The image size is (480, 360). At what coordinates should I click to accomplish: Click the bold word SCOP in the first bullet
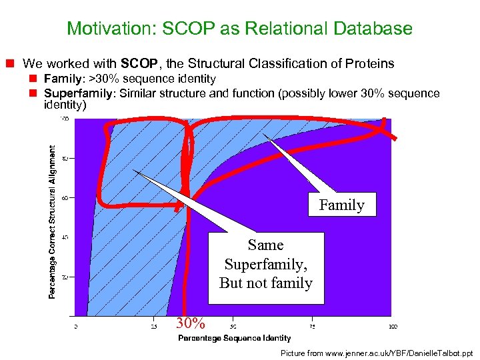pos(139,64)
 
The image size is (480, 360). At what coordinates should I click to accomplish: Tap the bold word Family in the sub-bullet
pos(61,79)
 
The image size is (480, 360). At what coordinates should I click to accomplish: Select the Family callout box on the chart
pos(341,205)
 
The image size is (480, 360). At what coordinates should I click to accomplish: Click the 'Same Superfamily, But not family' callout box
pos(266,265)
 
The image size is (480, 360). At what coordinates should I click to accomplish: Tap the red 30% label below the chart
pos(190,324)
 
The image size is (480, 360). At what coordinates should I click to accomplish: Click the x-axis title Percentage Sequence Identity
pos(234,338)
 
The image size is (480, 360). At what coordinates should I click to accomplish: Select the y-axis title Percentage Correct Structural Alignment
pos(52,222)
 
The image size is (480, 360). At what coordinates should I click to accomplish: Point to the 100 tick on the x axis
pos(393,327)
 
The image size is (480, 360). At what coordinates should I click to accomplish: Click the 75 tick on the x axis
pos(313,327)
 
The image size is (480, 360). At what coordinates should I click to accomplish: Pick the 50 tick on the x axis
pos(233,327)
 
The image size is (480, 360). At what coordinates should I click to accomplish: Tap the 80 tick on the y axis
pos(65,159)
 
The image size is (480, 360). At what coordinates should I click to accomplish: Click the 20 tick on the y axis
pos(65,277)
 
